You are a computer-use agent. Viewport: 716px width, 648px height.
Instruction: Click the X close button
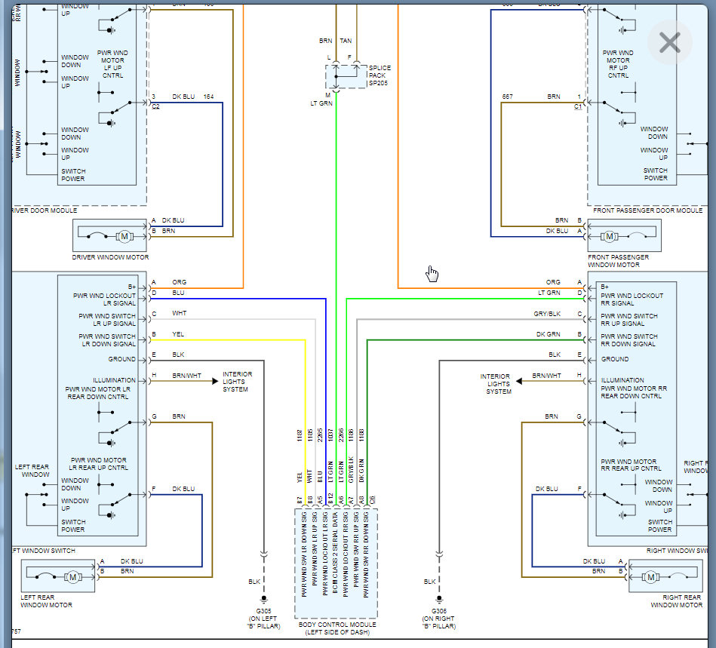click(x=669, y=43)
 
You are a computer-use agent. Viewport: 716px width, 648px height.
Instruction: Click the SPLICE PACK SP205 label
click(x=380, y=75)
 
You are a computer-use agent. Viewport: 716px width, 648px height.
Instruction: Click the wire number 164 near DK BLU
click(x=207, y=97)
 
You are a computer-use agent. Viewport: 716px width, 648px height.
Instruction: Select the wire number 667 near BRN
click(x=507, y=97)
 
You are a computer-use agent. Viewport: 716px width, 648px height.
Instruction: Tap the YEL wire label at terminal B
click(x=179, y=334)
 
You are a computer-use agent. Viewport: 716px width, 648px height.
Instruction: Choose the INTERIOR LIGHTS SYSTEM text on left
click(x=238, y=382)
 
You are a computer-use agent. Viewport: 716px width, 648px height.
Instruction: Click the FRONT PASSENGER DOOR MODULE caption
click(x=647, y=210)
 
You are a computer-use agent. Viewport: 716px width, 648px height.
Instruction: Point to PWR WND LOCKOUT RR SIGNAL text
click(x=632, y=299)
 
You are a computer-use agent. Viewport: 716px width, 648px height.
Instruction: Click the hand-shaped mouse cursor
click(x=432, y=272)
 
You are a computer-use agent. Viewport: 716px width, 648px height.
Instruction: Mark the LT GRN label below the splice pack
click(x=321, y=103)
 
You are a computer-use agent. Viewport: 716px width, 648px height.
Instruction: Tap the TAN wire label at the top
click(x=346, y=41)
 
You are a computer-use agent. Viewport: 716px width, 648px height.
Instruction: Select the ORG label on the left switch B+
click(x=179, y=282)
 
